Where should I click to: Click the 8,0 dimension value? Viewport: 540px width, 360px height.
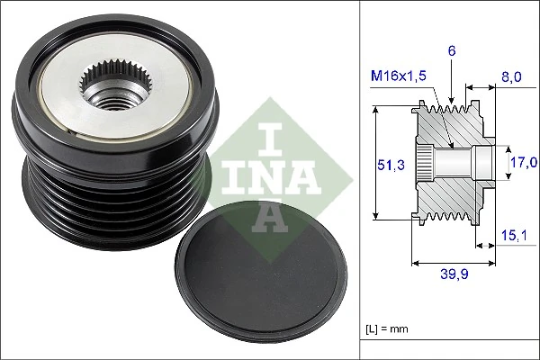(x=510, y=79)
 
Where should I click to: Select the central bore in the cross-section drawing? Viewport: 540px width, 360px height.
(x=459, y=163)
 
